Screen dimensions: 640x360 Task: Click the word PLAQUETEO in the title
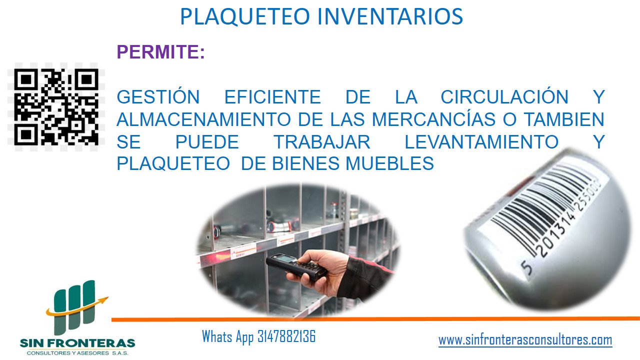pyautogui.click(x=245, y=16)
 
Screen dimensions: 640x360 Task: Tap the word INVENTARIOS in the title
pyautogui.click(x=390, y=16)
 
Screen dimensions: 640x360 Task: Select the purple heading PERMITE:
pyautogui.click(x=160, y=51)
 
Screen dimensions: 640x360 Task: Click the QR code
pyautogui.click(x=56, y=107)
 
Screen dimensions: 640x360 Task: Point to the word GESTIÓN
pyautogui.click(x=158, y=96)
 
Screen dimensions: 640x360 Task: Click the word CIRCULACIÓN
pyautogui.click(x=504, y=96)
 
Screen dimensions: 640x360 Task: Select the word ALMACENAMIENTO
pyautogui.click(x=203, y=119)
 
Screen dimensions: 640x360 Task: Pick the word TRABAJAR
pyautogui.click(x=322, y=142)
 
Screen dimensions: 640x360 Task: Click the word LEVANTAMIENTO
pyautogui.click(x=481, y=142)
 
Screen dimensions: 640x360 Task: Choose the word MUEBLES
pyautogui.click(x=389, y=163)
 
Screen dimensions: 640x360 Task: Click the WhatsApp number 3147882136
pyautogui.click(x=286, y=336)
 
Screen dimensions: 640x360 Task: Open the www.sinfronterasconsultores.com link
pyautogui.click(x=525, y=340)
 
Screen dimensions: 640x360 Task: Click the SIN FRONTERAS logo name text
pyautogui.click(x=77, y=343)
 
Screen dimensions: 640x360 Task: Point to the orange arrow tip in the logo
pyautogui.click(x=107, y=297)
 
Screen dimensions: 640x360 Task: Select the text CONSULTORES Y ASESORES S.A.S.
pyautogui.click(x=77, y=353)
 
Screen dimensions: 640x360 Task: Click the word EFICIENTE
pyautogui.click(x=272, y=97)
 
